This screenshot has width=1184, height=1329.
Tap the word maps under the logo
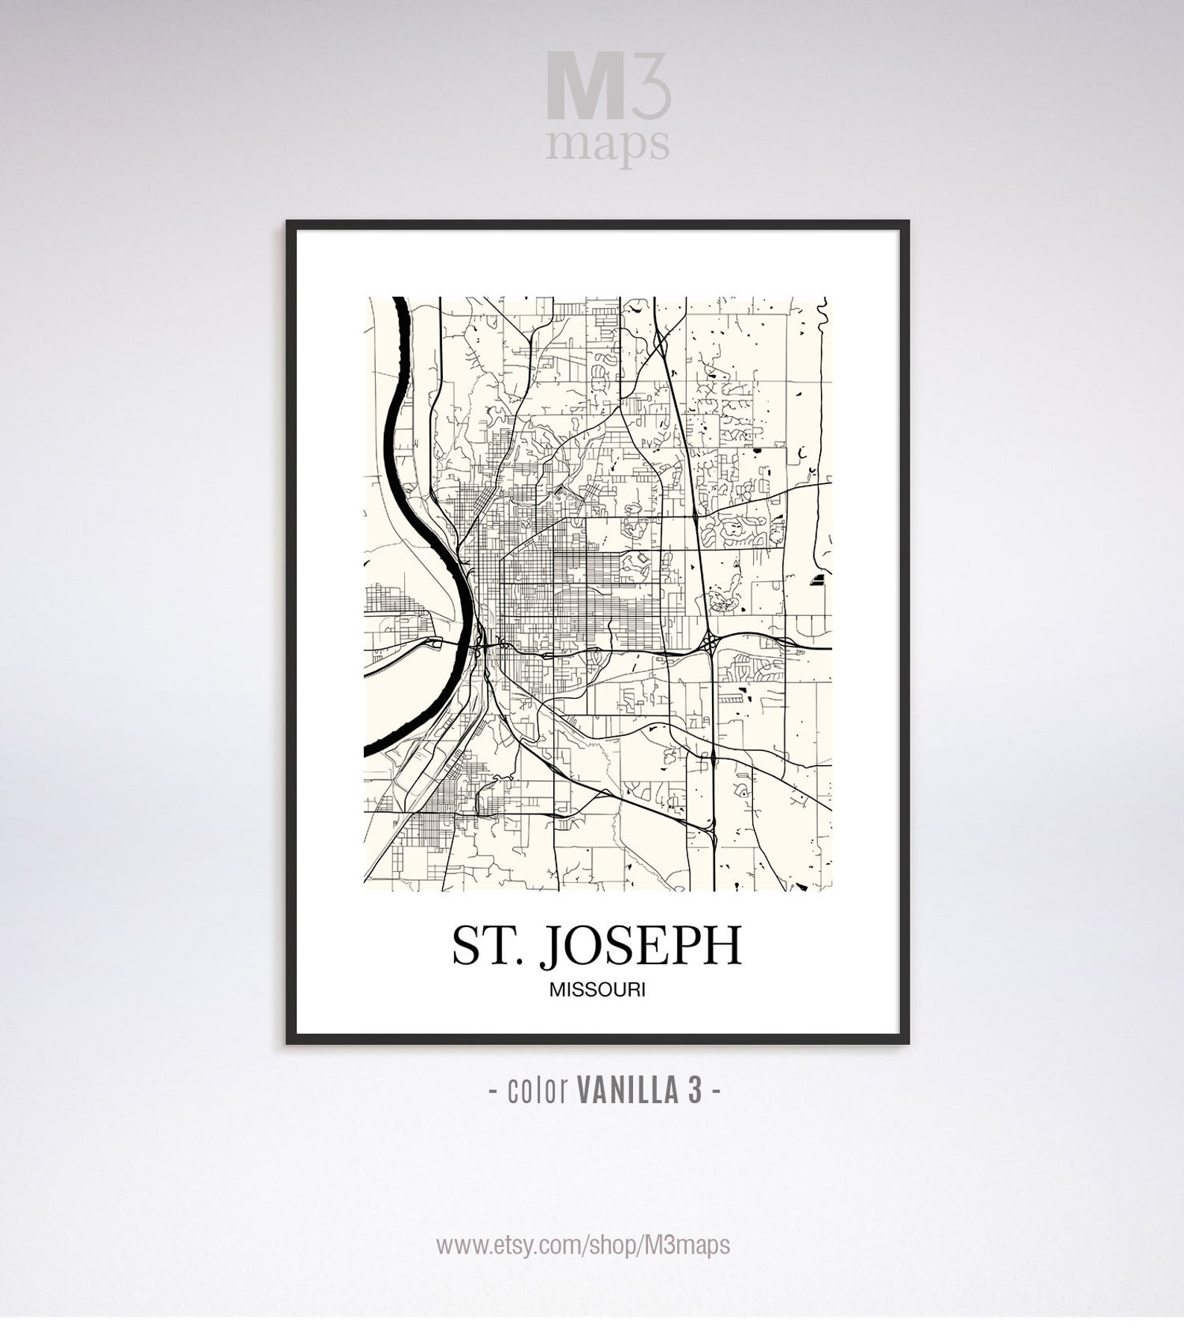(x=608, y=145)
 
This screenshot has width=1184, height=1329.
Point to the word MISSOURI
(x=597, y=990)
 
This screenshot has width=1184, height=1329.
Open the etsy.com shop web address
(x=582, y=1245)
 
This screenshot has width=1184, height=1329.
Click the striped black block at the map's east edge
(x=818, y=580)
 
